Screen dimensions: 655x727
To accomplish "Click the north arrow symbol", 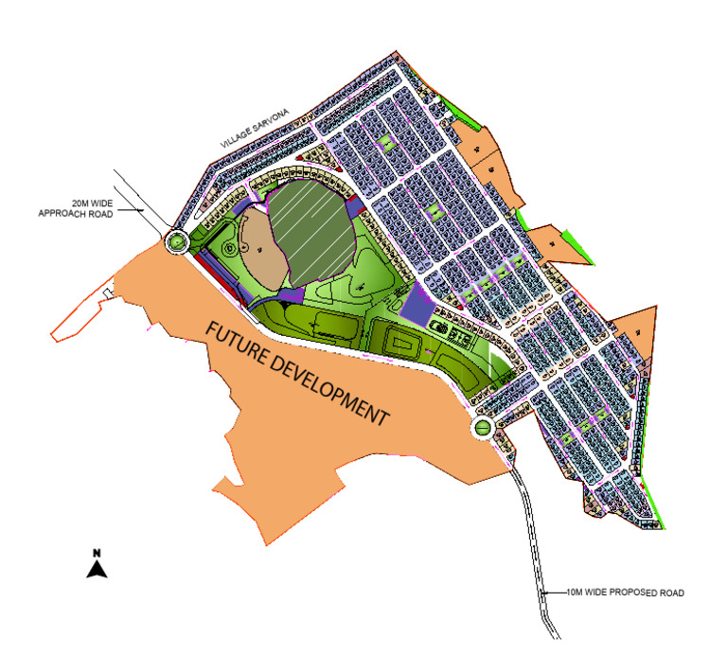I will tap(97, 569).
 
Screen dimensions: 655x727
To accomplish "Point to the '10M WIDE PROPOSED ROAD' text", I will tap(625, 593).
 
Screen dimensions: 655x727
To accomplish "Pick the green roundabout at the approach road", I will tap(176, 242).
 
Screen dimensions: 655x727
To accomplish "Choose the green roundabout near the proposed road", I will tap(483, 428).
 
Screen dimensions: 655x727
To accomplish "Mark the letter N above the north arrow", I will tap(97, 552).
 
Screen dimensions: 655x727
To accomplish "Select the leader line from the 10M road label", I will tap(555, 593).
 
